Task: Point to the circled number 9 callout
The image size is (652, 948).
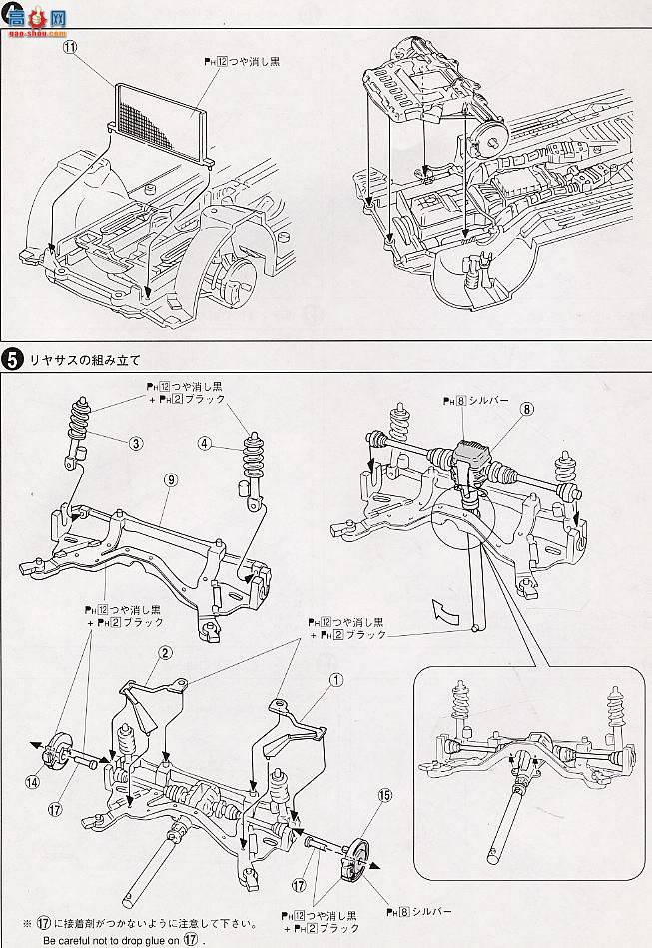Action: coord(171,479)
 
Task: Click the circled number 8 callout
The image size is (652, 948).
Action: coord(526,408)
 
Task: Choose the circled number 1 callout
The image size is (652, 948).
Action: coord(336,681)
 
